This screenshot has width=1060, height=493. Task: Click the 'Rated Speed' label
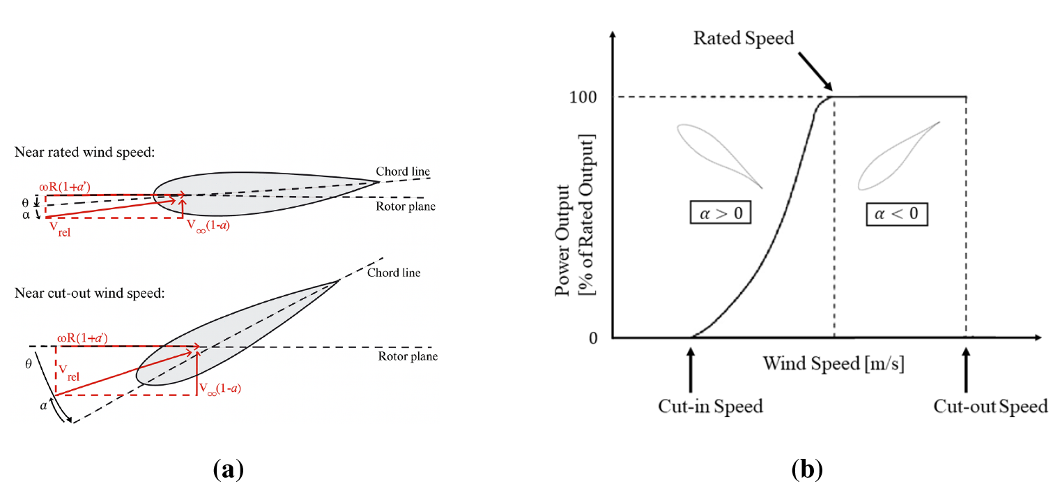[x=744, y=38]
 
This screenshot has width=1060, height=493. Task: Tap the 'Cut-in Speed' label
[x=710, y=406]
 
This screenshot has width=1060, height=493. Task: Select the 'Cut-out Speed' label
[x=990, y=406]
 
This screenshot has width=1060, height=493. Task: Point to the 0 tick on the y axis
[x=593, y=338]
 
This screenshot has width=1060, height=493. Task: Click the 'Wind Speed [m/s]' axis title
[x=834, y=363]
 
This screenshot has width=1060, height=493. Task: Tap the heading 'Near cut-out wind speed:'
[x=89, y=293]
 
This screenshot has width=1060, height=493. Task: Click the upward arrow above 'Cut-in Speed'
[x=691, y=365]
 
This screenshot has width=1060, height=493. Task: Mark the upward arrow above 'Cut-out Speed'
[x=966, y=365]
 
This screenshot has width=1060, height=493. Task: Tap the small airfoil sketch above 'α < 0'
[x=898, y=156]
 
